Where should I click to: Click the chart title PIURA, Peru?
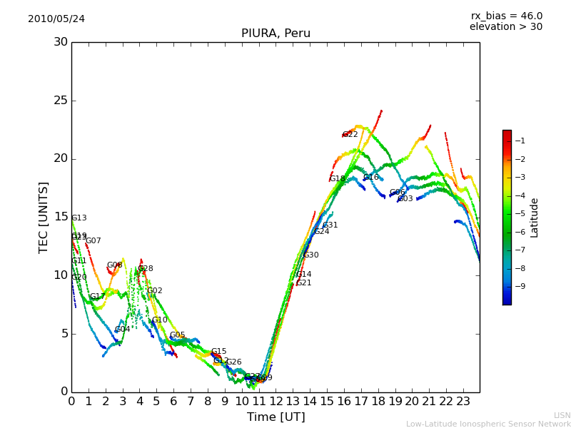276,34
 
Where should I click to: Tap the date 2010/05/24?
56,19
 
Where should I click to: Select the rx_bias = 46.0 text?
506,16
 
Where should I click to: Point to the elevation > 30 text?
506,27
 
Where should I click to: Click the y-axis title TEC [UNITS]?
44,217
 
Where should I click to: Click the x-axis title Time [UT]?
276,417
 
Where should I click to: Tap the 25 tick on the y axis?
61,101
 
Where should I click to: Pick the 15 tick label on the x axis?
327,401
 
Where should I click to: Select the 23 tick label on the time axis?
463,401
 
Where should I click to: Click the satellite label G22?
350,135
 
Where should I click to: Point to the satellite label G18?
338,179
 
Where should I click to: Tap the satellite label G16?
371,178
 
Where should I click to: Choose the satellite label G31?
330,225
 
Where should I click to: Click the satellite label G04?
123,330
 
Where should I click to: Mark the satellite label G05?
178,335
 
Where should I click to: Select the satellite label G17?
98,297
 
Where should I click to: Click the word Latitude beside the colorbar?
535,218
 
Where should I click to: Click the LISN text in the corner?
562,415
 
